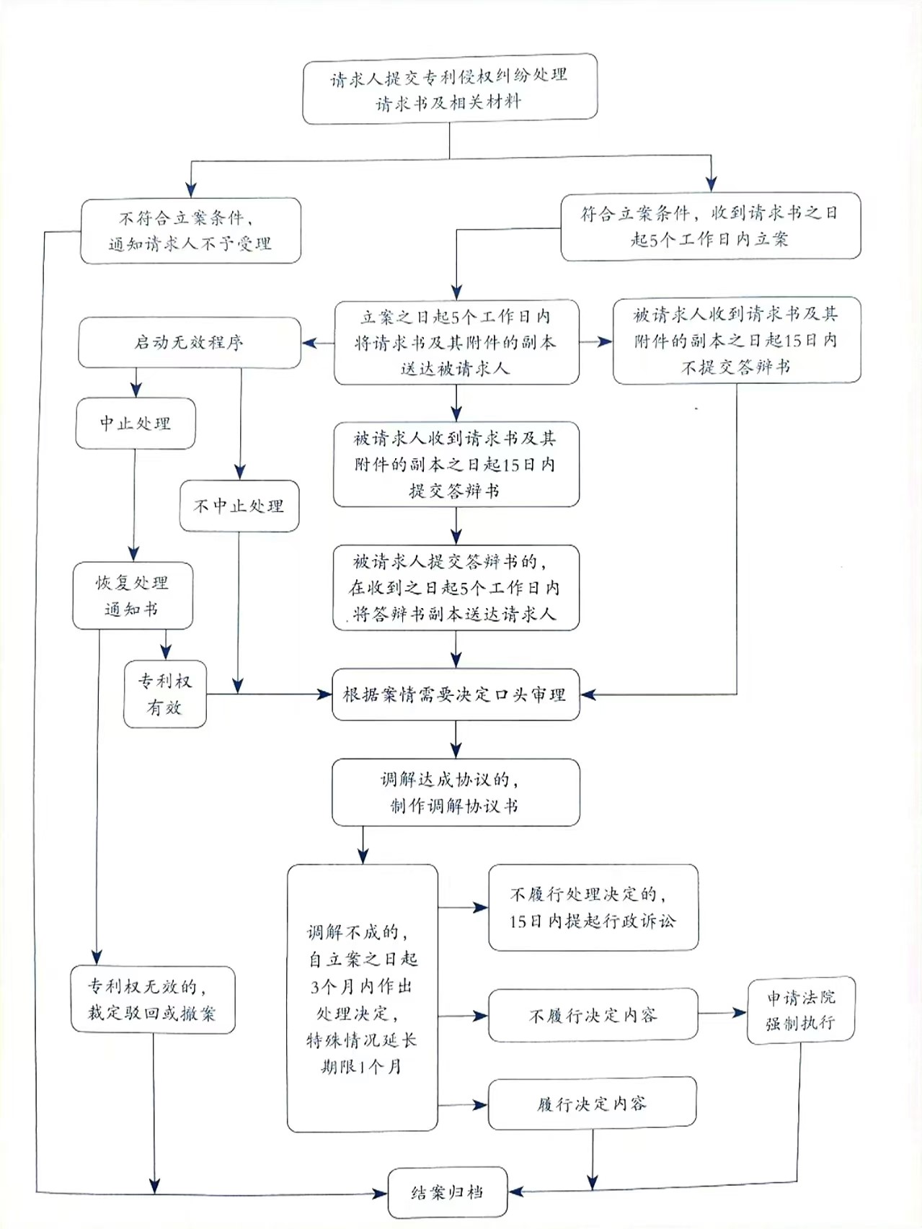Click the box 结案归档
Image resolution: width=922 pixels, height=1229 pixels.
coord(447,1192)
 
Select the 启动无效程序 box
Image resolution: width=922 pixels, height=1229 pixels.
coord(189,342)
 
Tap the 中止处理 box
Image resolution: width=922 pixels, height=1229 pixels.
coord(136,423)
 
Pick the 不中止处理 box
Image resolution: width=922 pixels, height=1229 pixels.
coord(239,506)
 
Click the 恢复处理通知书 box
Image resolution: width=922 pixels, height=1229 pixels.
coord(133,596)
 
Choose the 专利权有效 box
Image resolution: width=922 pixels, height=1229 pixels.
coord(165,694)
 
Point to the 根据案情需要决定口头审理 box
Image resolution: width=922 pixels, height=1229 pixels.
coord(456,694)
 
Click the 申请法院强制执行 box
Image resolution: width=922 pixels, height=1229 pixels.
coord(800,1009)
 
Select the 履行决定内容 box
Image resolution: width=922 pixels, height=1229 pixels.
coord(592,1103)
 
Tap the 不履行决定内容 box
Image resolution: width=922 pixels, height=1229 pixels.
coord(593,1015)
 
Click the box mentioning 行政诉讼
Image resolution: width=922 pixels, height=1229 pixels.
coord(593,907)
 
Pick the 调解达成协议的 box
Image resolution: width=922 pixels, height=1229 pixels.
coord(456,792)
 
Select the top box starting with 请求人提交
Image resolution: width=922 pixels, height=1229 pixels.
coord(450,88)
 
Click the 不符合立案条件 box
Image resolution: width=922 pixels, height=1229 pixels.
coord(190,231)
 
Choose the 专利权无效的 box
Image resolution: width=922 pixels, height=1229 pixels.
coord(153,1000)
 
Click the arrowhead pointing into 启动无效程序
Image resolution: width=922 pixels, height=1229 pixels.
coord(309,343)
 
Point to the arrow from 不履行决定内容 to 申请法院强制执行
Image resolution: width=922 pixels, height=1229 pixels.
coord(722,1013)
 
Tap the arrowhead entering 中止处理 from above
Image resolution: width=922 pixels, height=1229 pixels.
coord(136,390)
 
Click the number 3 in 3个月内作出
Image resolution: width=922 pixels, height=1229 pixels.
coord(315,986)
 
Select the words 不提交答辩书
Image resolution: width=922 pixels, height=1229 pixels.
coord(735,367)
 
